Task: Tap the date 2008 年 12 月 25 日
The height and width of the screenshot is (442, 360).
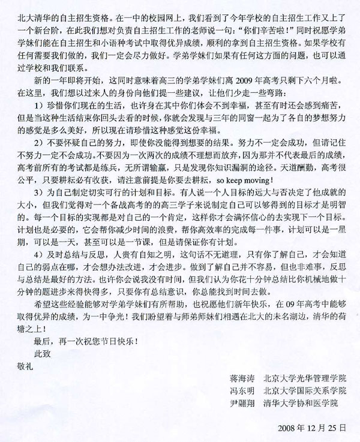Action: point(313,429)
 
